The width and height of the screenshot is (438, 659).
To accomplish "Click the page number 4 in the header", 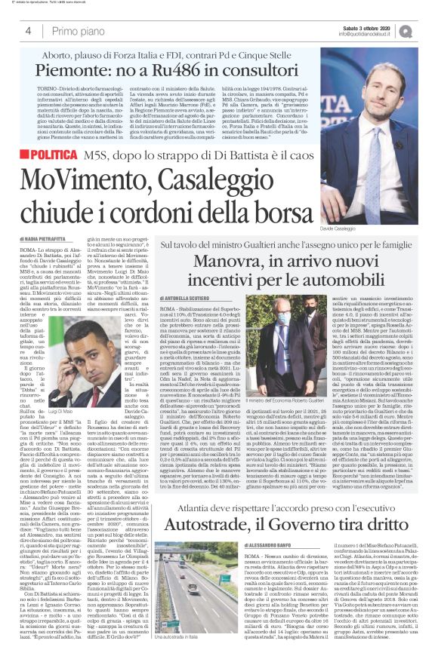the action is point(28,32).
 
